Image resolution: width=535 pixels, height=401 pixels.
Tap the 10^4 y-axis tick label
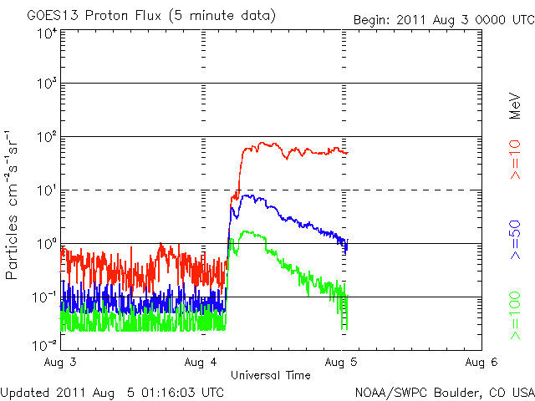click(x=45, y=33)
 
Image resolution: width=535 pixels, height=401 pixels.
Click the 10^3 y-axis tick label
click(x=45, y=84)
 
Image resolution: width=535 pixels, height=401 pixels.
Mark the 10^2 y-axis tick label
click(x=45, y=136)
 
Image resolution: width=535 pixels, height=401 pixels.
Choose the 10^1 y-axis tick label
click(x=45, y=190)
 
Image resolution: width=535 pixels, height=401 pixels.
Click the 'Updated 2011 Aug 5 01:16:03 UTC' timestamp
click(x=112, y=391)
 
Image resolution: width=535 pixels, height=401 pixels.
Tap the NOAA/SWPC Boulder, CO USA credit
click(x=444, y=391)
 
